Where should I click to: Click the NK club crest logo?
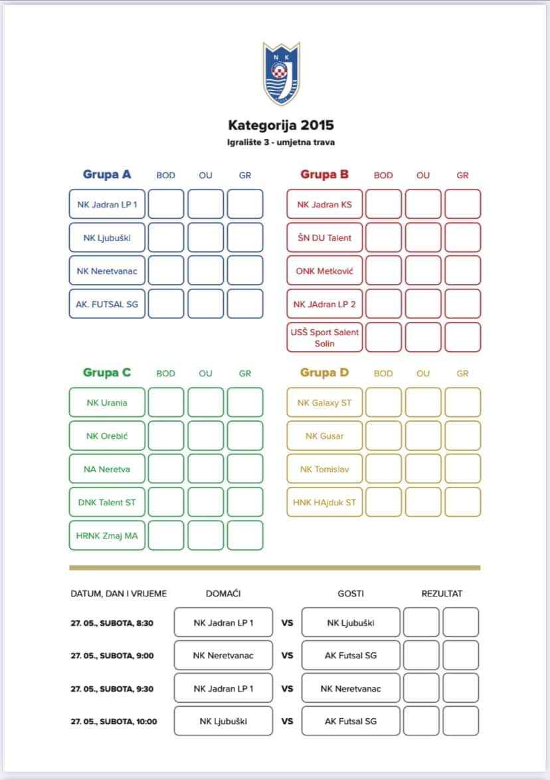click(282, 73)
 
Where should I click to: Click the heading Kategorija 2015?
click(281, 125)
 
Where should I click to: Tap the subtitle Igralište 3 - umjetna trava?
click(281, 142)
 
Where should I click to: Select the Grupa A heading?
click(107, 175)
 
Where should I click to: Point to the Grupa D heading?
click(324, 373)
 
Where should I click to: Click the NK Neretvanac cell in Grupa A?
click(107, 271)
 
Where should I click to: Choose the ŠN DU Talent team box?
click(325, 237)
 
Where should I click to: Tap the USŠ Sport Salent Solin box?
click(325, 337)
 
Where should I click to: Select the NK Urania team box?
click(107, 402)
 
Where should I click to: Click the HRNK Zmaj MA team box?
click(107, 535)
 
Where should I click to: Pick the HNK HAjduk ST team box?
click(325, 502)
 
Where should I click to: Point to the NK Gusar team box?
click(325, 436)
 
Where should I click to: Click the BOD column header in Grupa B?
click(383, 176)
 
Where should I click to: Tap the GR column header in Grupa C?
click(245, 374)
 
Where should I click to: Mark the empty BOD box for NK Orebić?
click(166, 436)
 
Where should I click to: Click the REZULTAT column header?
click(442, 594)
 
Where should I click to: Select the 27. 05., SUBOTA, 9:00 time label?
click(112, 656)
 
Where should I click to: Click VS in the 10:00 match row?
click(287, 721)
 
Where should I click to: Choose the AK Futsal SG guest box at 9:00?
click(351, 656)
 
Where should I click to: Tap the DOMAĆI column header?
click(223, 594)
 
